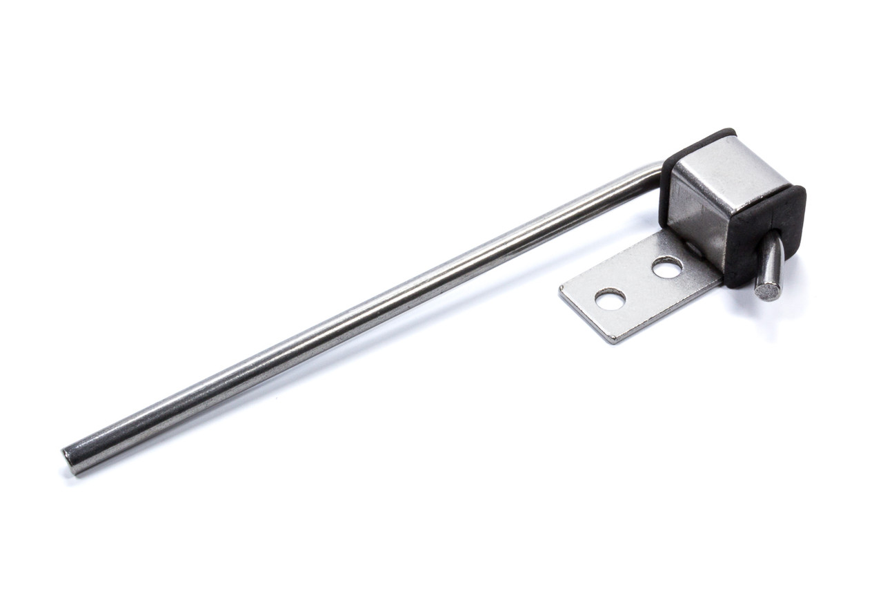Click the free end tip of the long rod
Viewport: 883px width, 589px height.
coord(69,460)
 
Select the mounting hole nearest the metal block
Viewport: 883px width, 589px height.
coord(666,267)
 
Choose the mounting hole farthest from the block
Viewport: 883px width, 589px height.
coord(610,299)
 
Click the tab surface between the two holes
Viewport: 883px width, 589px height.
coord(638,283)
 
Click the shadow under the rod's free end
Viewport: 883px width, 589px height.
coord(76,476)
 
